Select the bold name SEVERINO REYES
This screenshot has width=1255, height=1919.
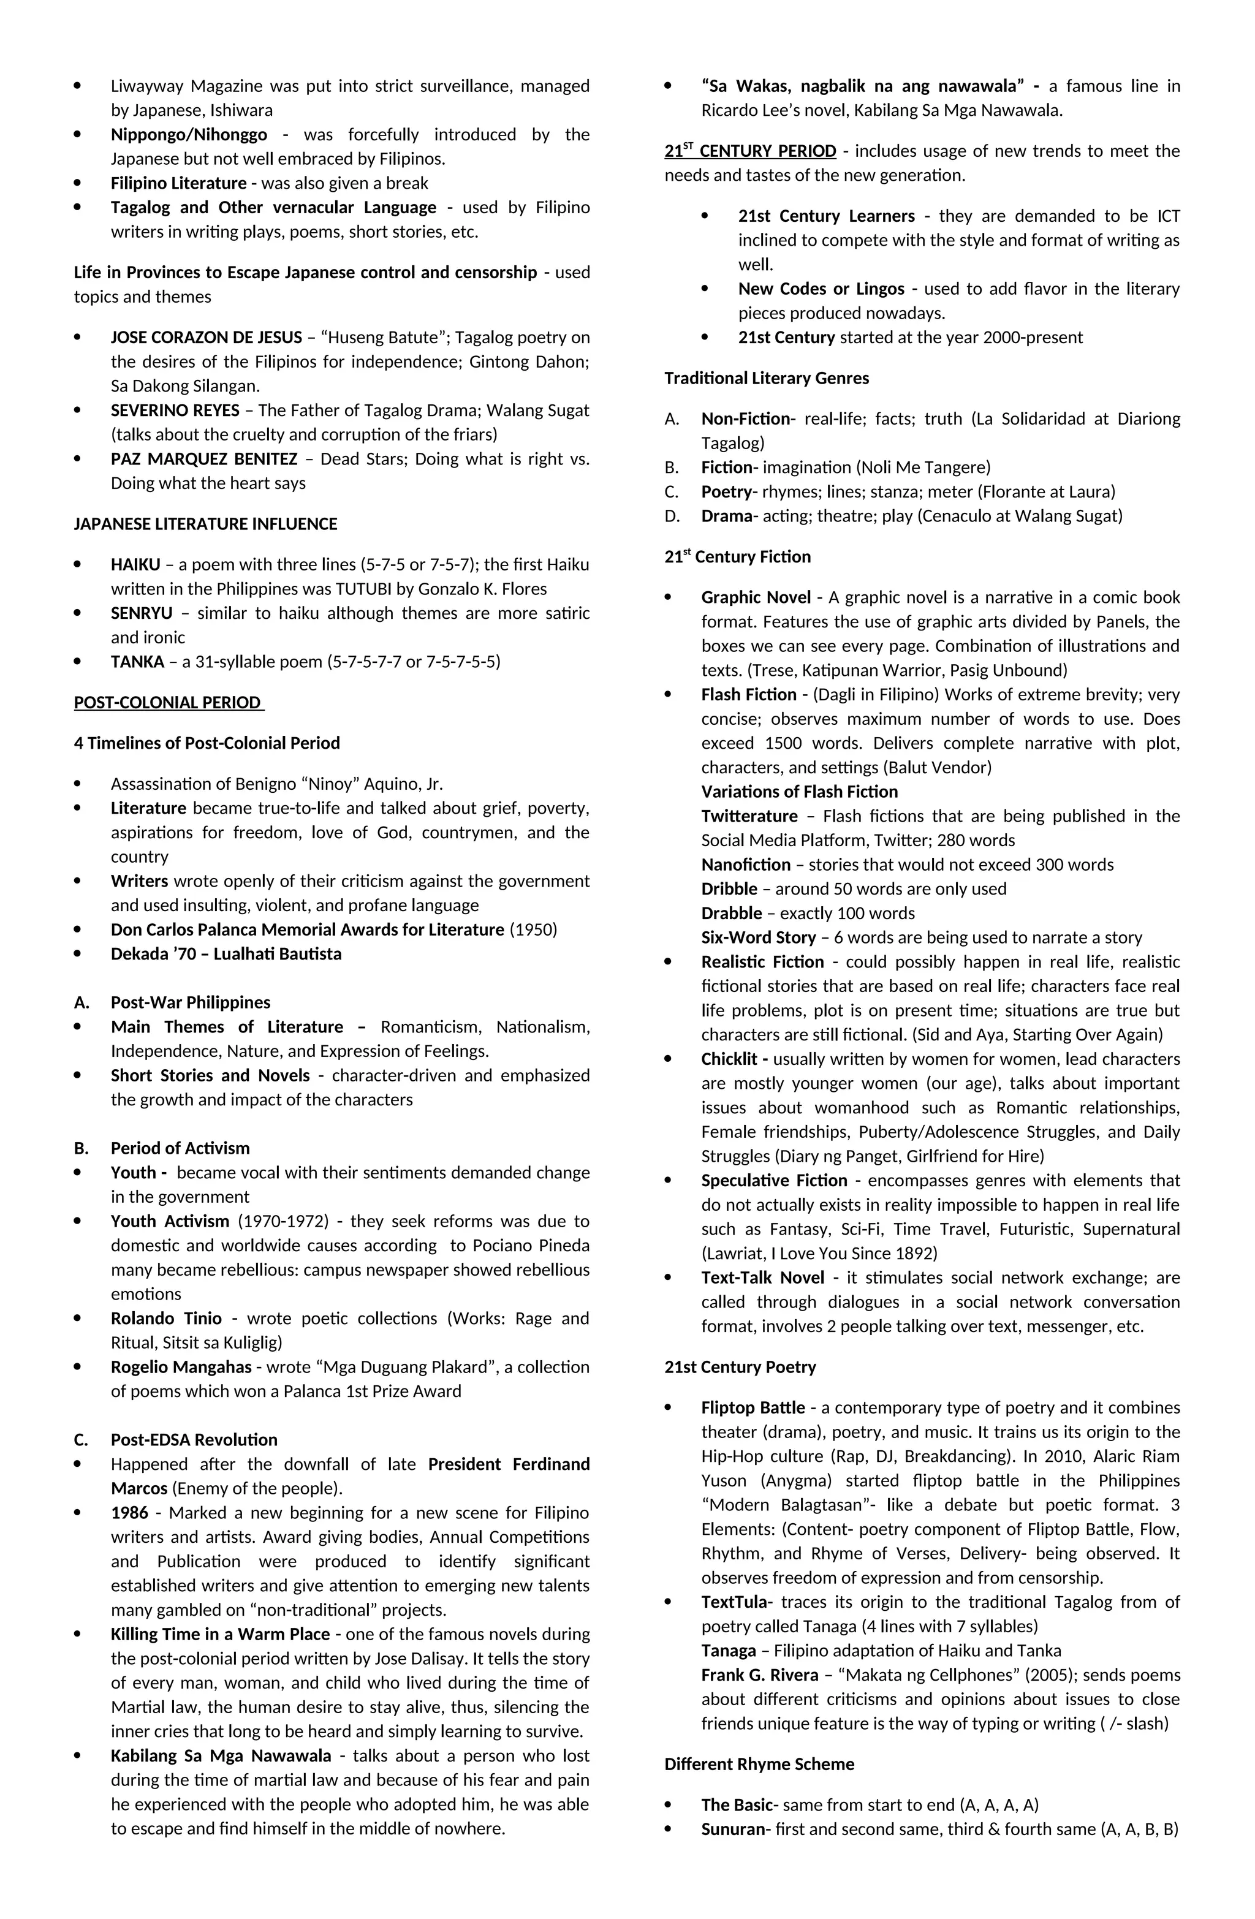tap(175, 411)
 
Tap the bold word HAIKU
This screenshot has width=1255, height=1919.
tap(135, 564)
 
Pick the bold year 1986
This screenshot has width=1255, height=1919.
tap(130, 1513)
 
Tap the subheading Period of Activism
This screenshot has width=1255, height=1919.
tap(180, 1148)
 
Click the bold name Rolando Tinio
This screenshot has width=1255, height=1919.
tap(166, 1319)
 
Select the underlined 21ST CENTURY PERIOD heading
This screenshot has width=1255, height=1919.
tap(750, 151)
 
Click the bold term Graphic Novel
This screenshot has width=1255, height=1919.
tap(756, 597)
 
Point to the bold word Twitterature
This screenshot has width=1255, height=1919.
tap(749, 816)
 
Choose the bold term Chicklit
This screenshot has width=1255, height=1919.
tap(734, 1059)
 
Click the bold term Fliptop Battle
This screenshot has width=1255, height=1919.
tap(753, 1408)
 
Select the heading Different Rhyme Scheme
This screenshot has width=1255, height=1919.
tap(759, 1764)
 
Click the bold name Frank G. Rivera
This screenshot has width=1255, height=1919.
tap(760, 1675)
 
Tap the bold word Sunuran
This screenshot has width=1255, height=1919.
tap(733, 1829)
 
